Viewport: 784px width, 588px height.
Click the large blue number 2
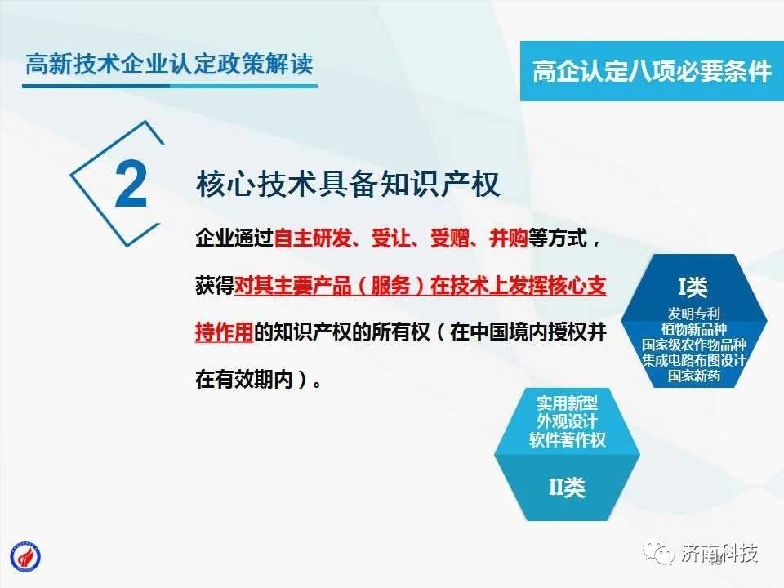(x=131, y=184)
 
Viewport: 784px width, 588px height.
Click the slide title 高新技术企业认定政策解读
(x=170, y=64)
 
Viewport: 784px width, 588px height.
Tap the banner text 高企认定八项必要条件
(x=652, y=70)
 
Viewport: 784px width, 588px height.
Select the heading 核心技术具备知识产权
(x=348, y=184)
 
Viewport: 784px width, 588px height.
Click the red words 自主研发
(x=313, y=238)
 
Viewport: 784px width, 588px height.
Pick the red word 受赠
(x=449, y=238)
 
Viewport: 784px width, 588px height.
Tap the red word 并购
(x=509, y=238)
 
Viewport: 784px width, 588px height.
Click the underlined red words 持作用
(x=225, y=332)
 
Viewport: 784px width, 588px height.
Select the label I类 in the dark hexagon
(x=693, y=287)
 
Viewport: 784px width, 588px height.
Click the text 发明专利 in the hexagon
(x=694, y=314)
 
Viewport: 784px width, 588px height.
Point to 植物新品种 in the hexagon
(x=694, y=329)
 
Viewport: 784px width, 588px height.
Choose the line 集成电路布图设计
(x=694, y=360)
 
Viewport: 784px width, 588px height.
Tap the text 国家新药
(x=694, y=376)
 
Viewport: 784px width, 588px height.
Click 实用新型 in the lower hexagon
(x=568, y=403)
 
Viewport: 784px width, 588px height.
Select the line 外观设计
(x=568, y=421)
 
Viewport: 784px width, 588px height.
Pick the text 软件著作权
(x=568, y=440)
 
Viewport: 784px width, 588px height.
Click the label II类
(x=567, y=487)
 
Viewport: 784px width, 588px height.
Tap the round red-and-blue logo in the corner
(x=25, y=557)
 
